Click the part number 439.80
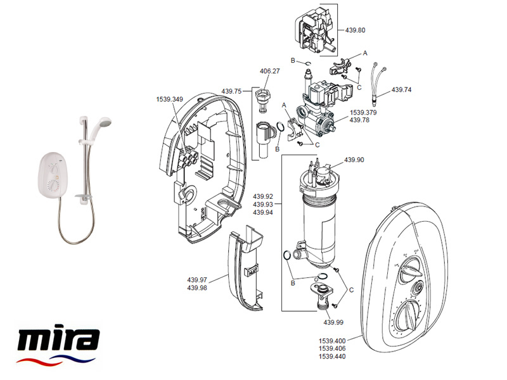356,30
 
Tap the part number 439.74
401,90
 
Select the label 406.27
270,72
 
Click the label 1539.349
169,99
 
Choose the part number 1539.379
363,112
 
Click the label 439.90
354,160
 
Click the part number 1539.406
334,348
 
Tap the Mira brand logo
58,345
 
